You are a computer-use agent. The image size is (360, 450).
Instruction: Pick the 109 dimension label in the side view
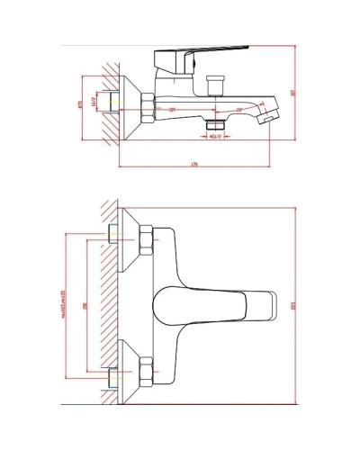[x=171, y=110]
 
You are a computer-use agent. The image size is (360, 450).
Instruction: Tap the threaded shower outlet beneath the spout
[x=216, y=124]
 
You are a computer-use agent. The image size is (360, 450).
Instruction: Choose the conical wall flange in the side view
[x=126, y=103]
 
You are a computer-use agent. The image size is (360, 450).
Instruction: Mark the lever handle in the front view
[x=216, y=304]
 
